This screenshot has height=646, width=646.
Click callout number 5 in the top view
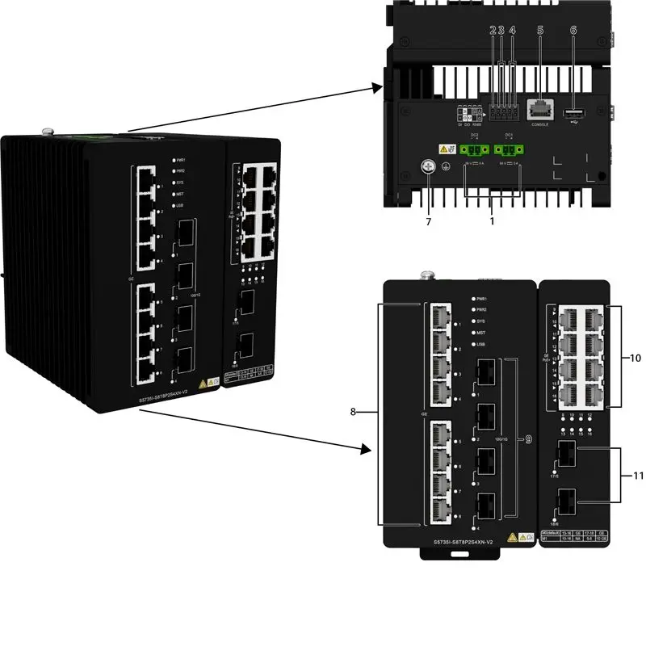point(540,30)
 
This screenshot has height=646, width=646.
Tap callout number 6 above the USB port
point(573,30)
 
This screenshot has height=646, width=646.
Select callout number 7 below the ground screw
point(429,220)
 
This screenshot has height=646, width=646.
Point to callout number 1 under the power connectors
point(493,219)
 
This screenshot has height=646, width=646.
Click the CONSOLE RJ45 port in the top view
point(540,109)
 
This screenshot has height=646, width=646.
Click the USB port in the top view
point(573,111)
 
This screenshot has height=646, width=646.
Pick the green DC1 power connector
point(508,150)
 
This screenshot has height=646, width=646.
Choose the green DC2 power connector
point(472,150)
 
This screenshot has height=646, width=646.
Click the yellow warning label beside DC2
point(445,149)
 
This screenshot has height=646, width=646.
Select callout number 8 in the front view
point(353,412)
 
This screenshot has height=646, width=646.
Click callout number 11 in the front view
point(638,476)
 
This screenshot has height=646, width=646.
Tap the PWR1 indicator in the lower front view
point(475,299)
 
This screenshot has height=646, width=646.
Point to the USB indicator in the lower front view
point(475,344)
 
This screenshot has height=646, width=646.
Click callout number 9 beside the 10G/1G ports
point(528,439)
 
